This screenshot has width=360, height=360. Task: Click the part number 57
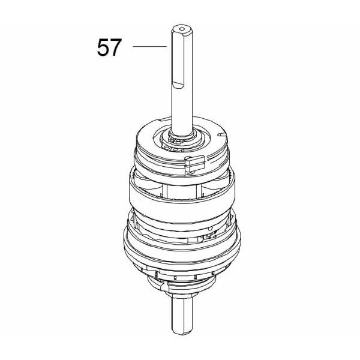109,47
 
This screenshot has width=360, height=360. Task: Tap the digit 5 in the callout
103,47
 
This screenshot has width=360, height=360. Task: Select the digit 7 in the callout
116,47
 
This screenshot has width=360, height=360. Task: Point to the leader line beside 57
149,46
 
